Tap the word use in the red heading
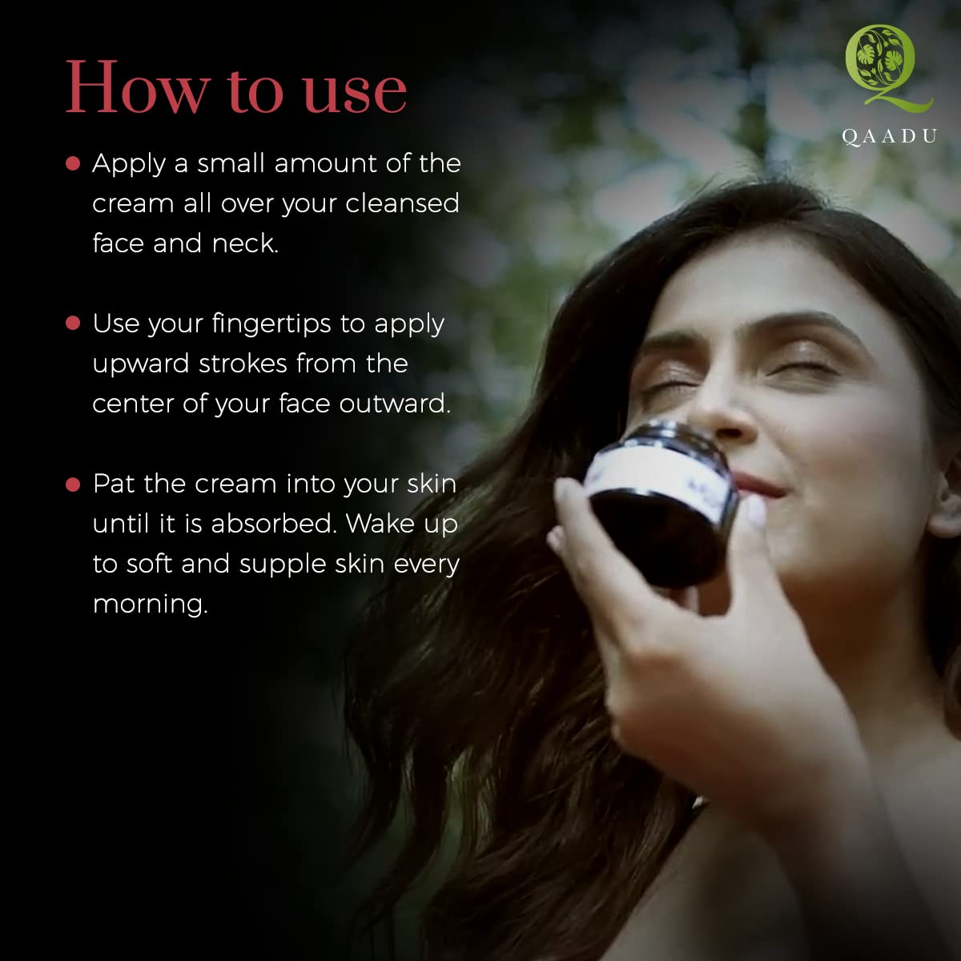click(355, 93)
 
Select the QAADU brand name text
click(889, 137)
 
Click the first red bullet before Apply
click(73, 163)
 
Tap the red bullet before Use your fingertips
click(73, 324)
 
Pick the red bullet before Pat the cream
click(73, 485)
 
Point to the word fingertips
click(271, 324)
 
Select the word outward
click(395, 404)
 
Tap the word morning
click(150, 605)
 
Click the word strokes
click(243, 363)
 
